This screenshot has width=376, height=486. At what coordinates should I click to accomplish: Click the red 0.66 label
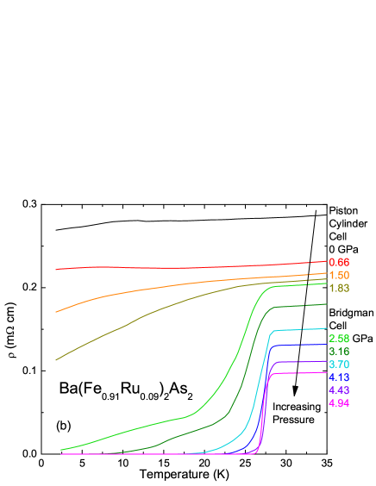tap(339, 261)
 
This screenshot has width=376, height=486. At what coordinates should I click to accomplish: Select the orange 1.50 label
tap(339, 275)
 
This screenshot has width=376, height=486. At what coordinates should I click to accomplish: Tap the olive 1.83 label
tap(339, 288)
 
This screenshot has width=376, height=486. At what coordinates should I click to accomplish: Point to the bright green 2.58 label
tap(339, 339)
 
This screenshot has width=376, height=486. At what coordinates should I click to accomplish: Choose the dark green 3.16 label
tap(339, 352)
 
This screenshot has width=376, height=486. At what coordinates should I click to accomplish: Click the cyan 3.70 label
tap(339, 364)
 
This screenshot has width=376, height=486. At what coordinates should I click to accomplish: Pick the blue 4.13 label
tap(339, 377)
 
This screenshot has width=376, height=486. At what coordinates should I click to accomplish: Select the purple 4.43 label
tap(339, 390)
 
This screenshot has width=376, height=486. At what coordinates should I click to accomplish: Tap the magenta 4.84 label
tap(339, 403)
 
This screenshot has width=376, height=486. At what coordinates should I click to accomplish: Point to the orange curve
tap(172, 285)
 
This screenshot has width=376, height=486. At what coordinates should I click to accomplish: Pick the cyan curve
tap(302, 329)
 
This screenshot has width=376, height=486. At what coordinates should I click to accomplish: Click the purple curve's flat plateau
tap(302, 362)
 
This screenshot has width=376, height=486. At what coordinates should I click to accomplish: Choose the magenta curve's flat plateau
tap(302, 373)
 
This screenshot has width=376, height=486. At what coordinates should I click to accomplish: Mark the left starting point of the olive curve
tap(56, 360)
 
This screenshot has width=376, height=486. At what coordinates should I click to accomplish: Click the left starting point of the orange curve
tap(56, 312)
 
